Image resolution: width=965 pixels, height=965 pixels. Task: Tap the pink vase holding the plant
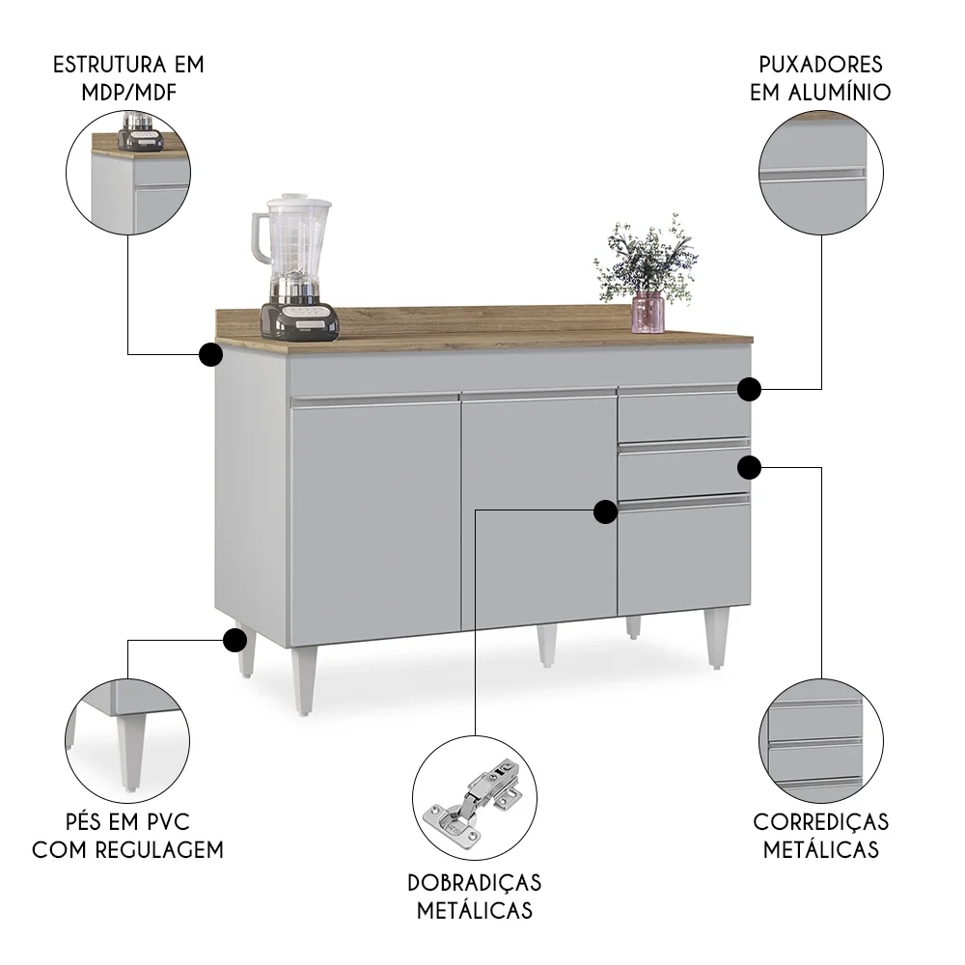click(x=648, y=313)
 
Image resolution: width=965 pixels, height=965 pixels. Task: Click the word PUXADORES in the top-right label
click(x=820, y=66)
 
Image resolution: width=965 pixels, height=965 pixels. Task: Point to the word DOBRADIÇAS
click(x=474, y=883)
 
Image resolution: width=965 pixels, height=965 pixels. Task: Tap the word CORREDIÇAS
click(x=820, y=822)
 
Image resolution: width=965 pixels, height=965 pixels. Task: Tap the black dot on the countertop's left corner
click(x=210, y=354)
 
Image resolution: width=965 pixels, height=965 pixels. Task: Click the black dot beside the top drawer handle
click(x=750, y=389)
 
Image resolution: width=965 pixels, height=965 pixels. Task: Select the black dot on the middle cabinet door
click(x=605, y=511)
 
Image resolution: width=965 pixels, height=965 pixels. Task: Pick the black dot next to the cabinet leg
click(x=234, y=639)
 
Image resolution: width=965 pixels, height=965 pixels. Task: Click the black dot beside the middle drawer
click(x=750, y=467)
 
